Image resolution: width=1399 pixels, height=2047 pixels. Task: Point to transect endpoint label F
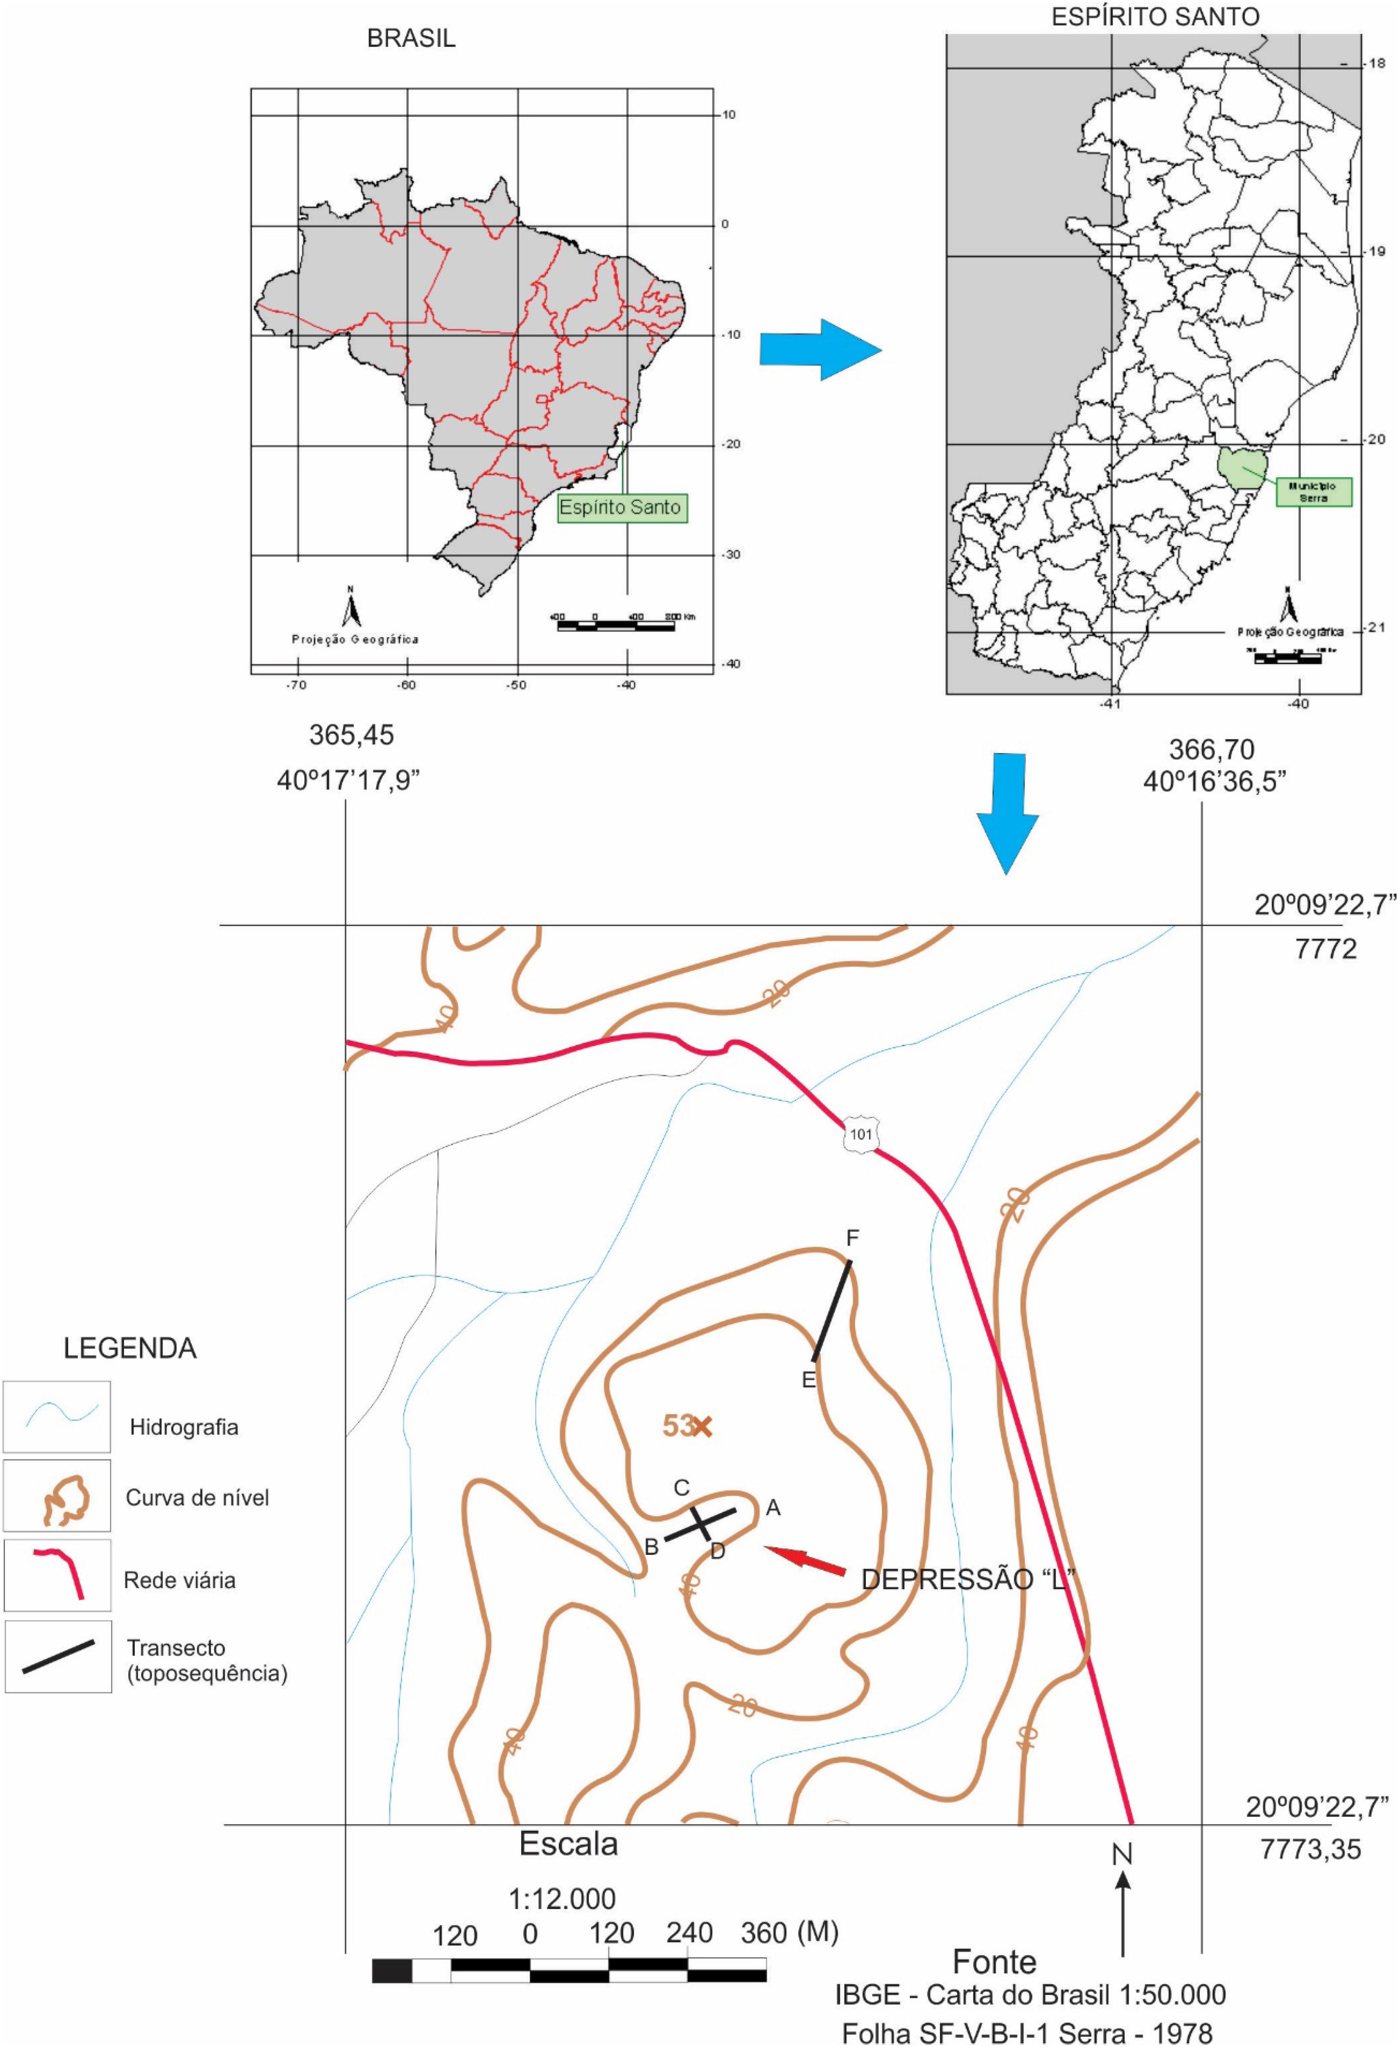[852, 1238]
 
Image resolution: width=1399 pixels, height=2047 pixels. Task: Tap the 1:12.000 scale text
[562, 1898]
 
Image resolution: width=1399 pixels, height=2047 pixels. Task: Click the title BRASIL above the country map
[411, 39]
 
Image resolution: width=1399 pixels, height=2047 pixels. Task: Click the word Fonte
[995, 1961]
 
